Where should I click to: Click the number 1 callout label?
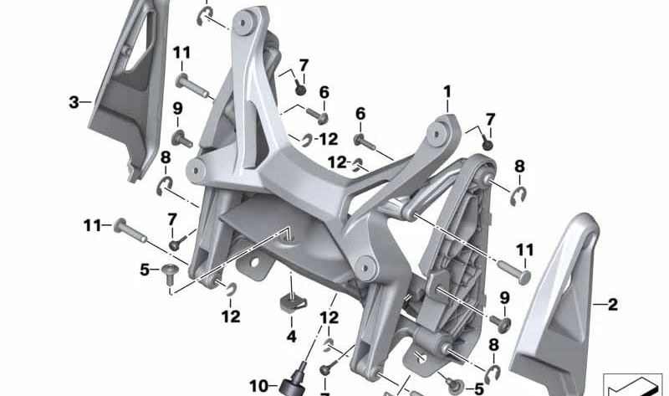click(447, 90)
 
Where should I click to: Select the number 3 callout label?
click(74, 102)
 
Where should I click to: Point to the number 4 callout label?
click(292, 337)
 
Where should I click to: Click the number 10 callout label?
click(259, 385)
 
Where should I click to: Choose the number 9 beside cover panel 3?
click(177, 109)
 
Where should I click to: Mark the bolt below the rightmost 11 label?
click(515, 270)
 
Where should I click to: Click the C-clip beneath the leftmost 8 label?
click(164, 183)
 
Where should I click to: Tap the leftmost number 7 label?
click(172, 219)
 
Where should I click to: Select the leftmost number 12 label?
click(231, 316)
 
